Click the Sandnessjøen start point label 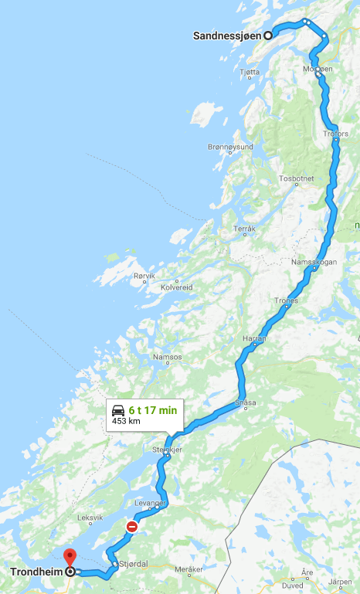coord(227,35)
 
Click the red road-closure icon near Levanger coord(131,527)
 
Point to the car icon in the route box coord(118,409)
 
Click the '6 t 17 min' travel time coord(153,409)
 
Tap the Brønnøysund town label coord(230,147)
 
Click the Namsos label coord(168,357)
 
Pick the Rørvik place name coord(144,276)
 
